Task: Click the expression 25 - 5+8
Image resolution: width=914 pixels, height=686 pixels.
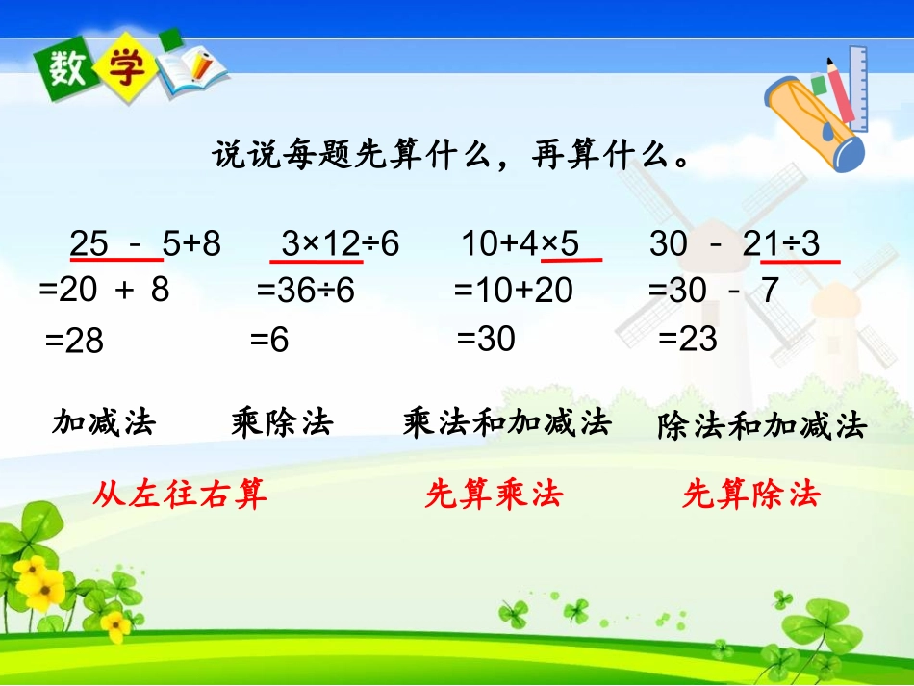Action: coord(145,244)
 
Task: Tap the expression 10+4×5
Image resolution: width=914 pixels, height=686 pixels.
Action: coord(520,244)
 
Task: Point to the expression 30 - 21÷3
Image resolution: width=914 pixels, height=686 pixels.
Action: coord(735,244)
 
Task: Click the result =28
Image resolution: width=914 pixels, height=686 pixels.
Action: coord(74,341)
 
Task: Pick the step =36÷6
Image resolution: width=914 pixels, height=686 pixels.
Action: coord(306,291)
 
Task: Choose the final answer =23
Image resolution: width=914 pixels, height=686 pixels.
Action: coord(688,339)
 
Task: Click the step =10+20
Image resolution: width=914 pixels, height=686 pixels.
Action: coord(513,290)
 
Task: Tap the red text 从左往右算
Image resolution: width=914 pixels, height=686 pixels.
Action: coord(180,495)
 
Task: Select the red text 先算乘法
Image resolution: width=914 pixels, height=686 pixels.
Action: coord(494,495)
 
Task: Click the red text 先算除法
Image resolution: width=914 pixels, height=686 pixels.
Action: coord(750,495)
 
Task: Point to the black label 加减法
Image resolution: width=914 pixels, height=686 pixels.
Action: coord(104,422)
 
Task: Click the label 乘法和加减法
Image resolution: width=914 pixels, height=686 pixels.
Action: coord(507,422)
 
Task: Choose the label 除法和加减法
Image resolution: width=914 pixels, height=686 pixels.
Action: coord(762,425)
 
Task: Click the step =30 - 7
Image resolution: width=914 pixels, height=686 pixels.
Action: coord(713,290)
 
